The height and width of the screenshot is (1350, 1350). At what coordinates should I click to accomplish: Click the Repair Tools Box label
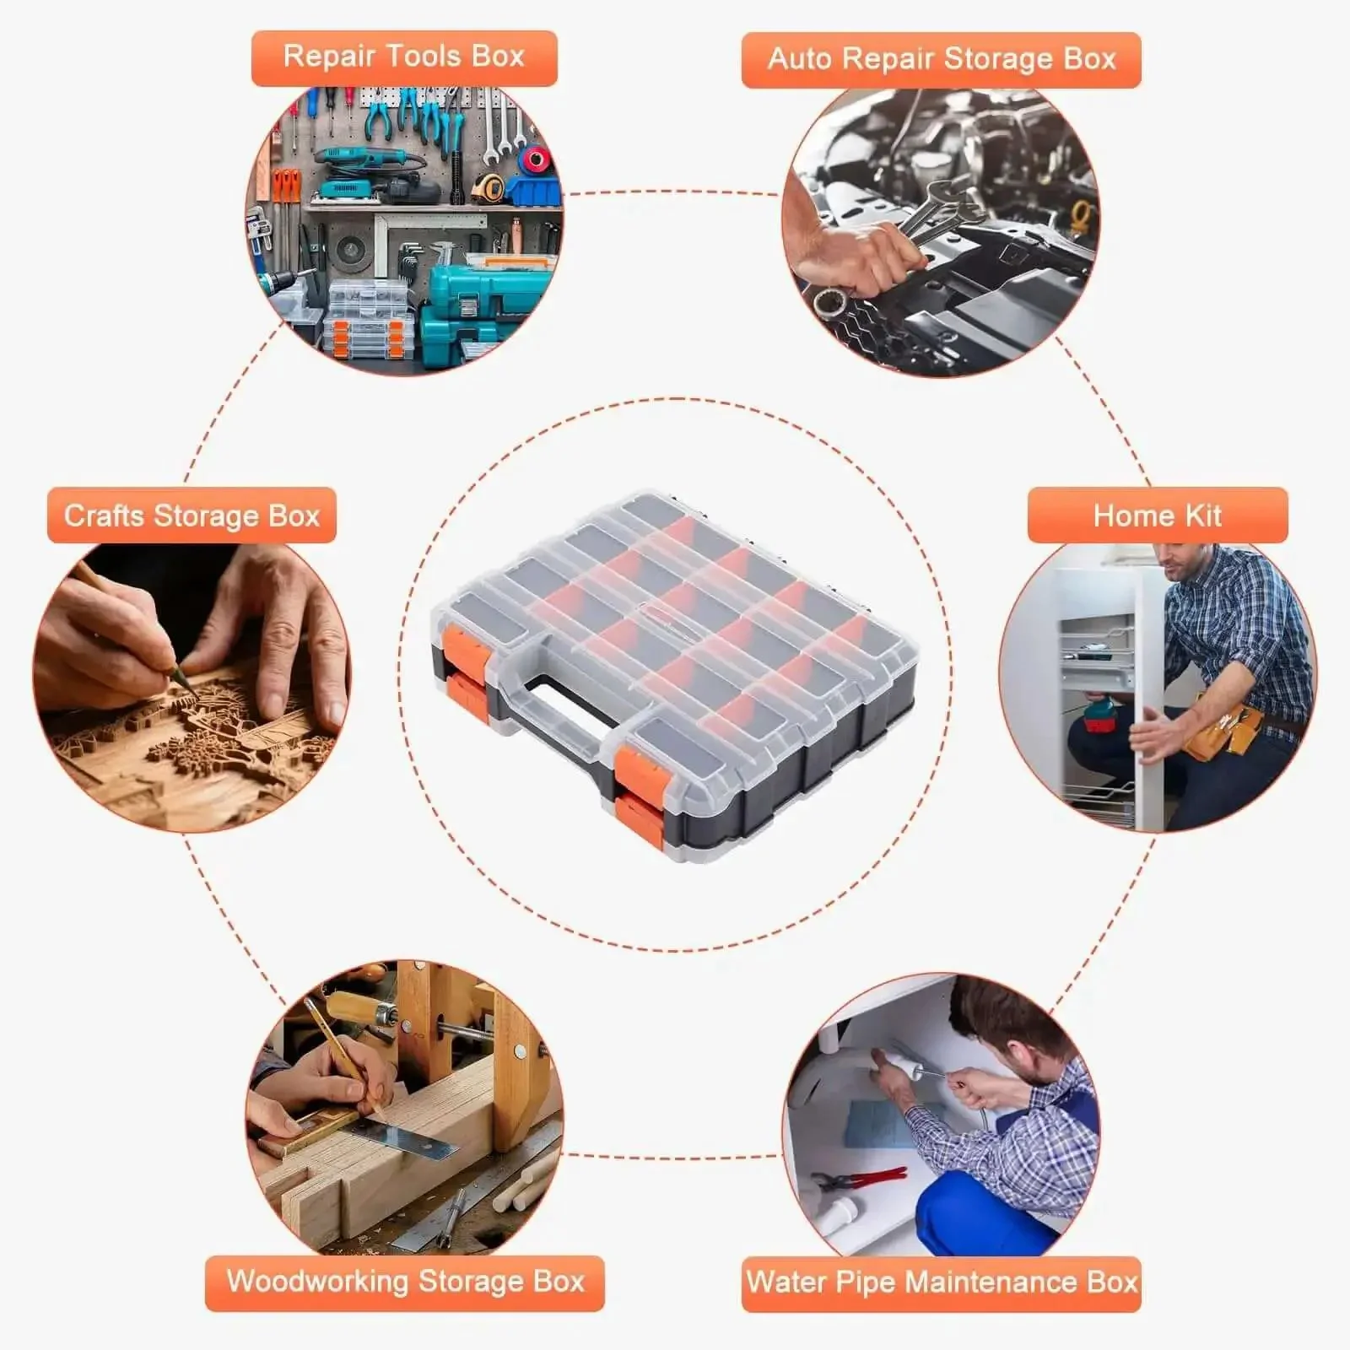tap(404, 57)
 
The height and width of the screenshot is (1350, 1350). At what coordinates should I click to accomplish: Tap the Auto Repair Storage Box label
tap(941, 59)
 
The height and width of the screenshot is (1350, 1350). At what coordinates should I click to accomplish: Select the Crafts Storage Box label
tap(192, 515)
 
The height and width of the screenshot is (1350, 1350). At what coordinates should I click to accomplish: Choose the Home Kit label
tap(1157, 515)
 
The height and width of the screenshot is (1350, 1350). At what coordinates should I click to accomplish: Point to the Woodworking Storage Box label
tap(405, 1282)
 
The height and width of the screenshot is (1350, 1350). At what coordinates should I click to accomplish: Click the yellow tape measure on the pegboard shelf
tap(487, 187)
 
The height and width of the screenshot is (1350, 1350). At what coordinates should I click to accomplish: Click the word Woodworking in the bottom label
tap(317, 1282)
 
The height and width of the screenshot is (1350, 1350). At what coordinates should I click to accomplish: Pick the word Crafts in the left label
tap(105, 515)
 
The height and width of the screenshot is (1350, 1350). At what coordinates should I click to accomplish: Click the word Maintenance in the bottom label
tap(992, 1282)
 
